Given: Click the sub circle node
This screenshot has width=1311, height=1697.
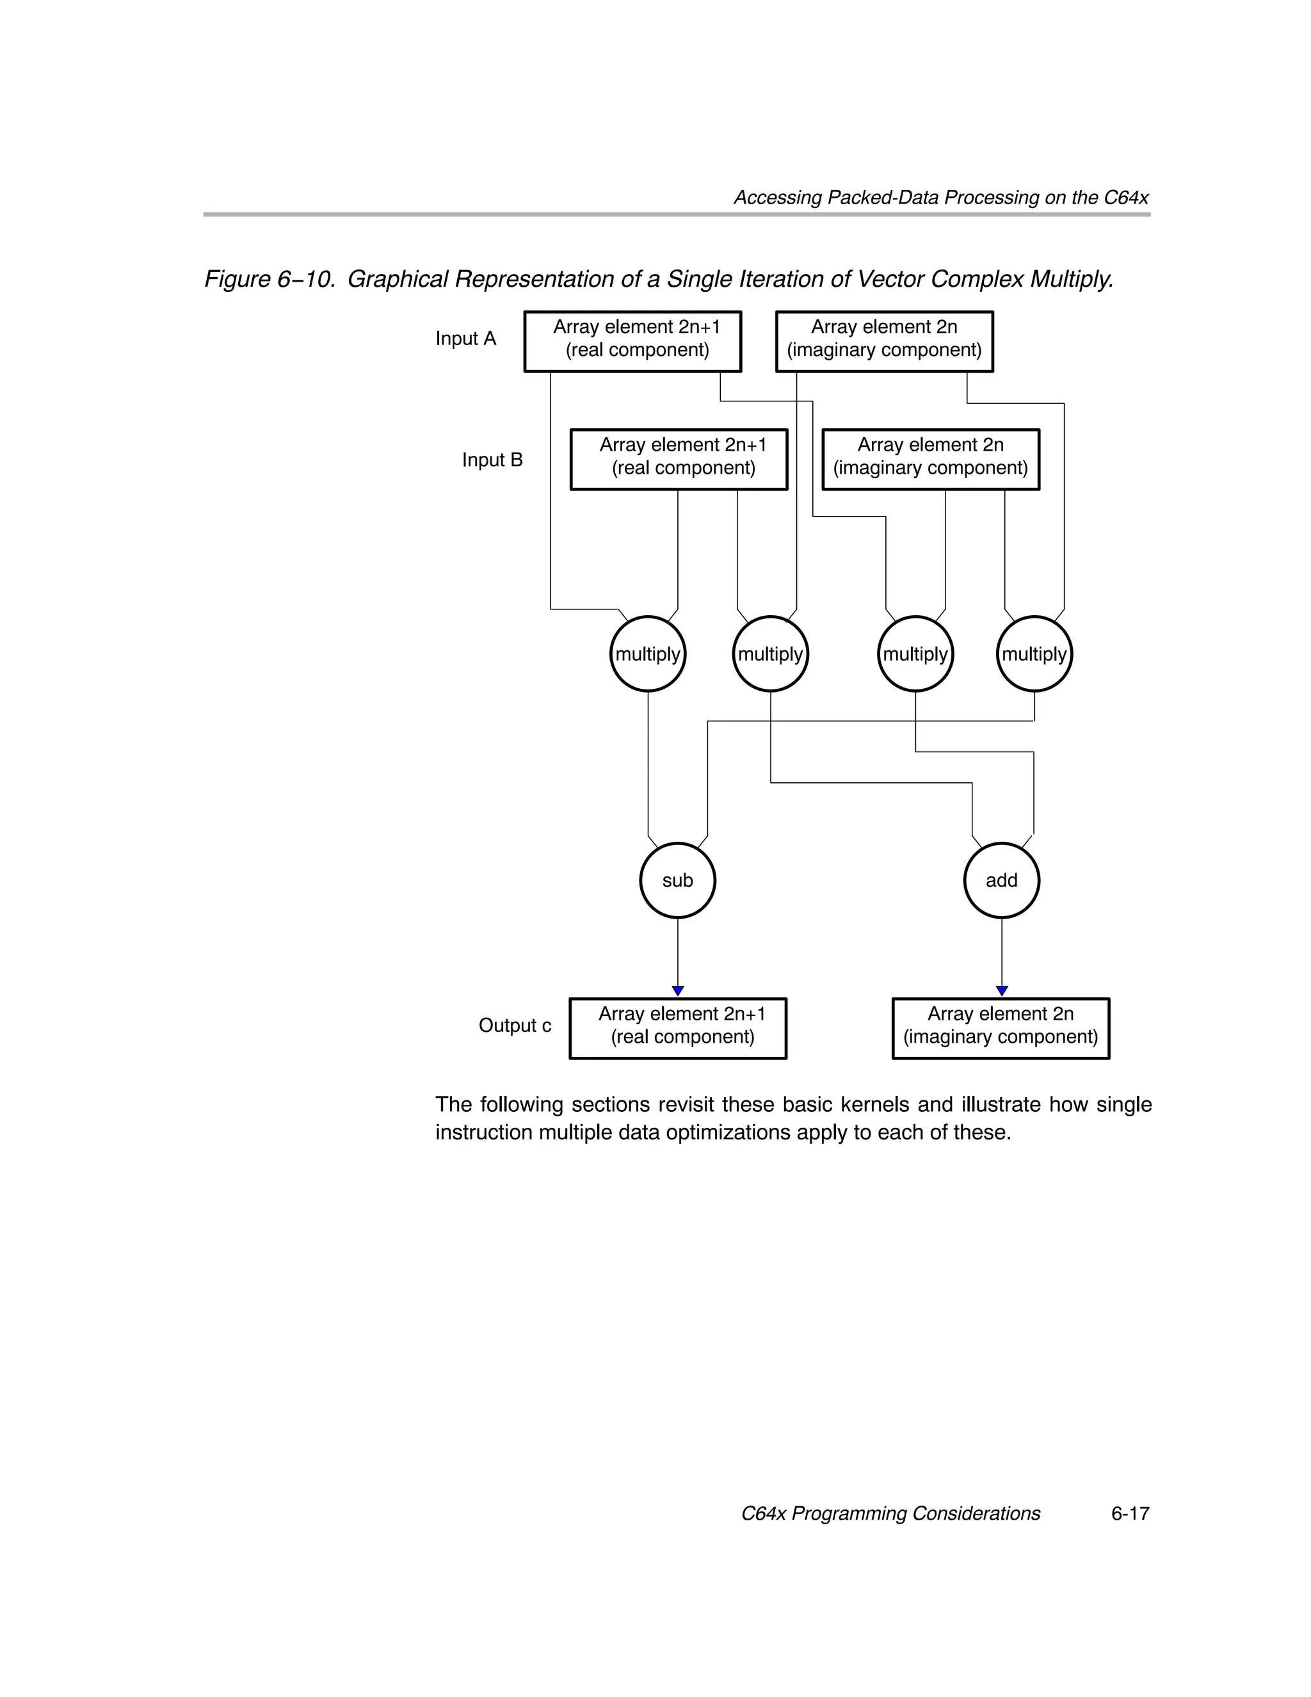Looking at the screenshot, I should pyautogui.click(x=677, y=880).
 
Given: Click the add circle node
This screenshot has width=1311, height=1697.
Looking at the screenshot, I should pyautogui.click(x=1001, y=880).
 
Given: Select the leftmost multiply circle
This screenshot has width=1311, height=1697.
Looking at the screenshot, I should pyautogui.click(x=647, y=654).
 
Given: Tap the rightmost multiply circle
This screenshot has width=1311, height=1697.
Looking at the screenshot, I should pyautogui.click(x=1034, y=654).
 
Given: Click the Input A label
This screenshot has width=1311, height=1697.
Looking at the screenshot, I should pyautogui.click(x=465, y=339).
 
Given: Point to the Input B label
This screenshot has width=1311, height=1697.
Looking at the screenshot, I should pyautogui.click(x=492, y=460).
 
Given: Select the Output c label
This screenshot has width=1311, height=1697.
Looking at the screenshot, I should pyautogui.click(x=515, y=1025).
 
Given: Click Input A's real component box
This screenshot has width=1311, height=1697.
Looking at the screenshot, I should pyautogui.click(x=632, y=342).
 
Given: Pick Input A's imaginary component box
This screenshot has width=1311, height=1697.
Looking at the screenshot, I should pyautogui.click(x=885, y=342).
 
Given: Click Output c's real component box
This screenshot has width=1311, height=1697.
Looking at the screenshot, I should pyautogui.click(x=678, y=1029).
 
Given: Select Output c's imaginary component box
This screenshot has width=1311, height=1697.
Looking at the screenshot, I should pyautogui.click(x=1000, y=1029).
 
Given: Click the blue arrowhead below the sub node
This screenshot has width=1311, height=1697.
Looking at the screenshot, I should pyautogui.click(x=678, y=991).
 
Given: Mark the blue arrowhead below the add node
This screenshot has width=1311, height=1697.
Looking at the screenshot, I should pyautogui.click(x=1002, y=991).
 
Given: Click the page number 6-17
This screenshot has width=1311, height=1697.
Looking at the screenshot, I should pyautogui.click(x=1129, y=1514).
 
